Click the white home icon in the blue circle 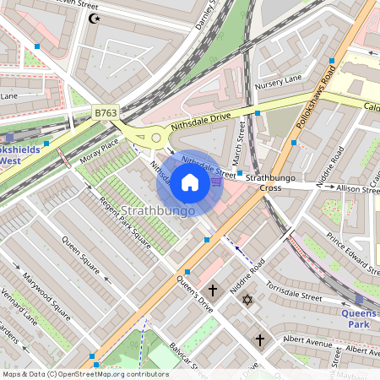(190, 182)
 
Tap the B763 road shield (106, 111)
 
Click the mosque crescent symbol (94, 17)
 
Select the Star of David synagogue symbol (247, 300)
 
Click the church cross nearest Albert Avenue (260, 339)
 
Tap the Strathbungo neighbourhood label (158, 209)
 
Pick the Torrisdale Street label (295, 291)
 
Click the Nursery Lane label (283, 80)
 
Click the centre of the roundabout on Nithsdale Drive (155, 137)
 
